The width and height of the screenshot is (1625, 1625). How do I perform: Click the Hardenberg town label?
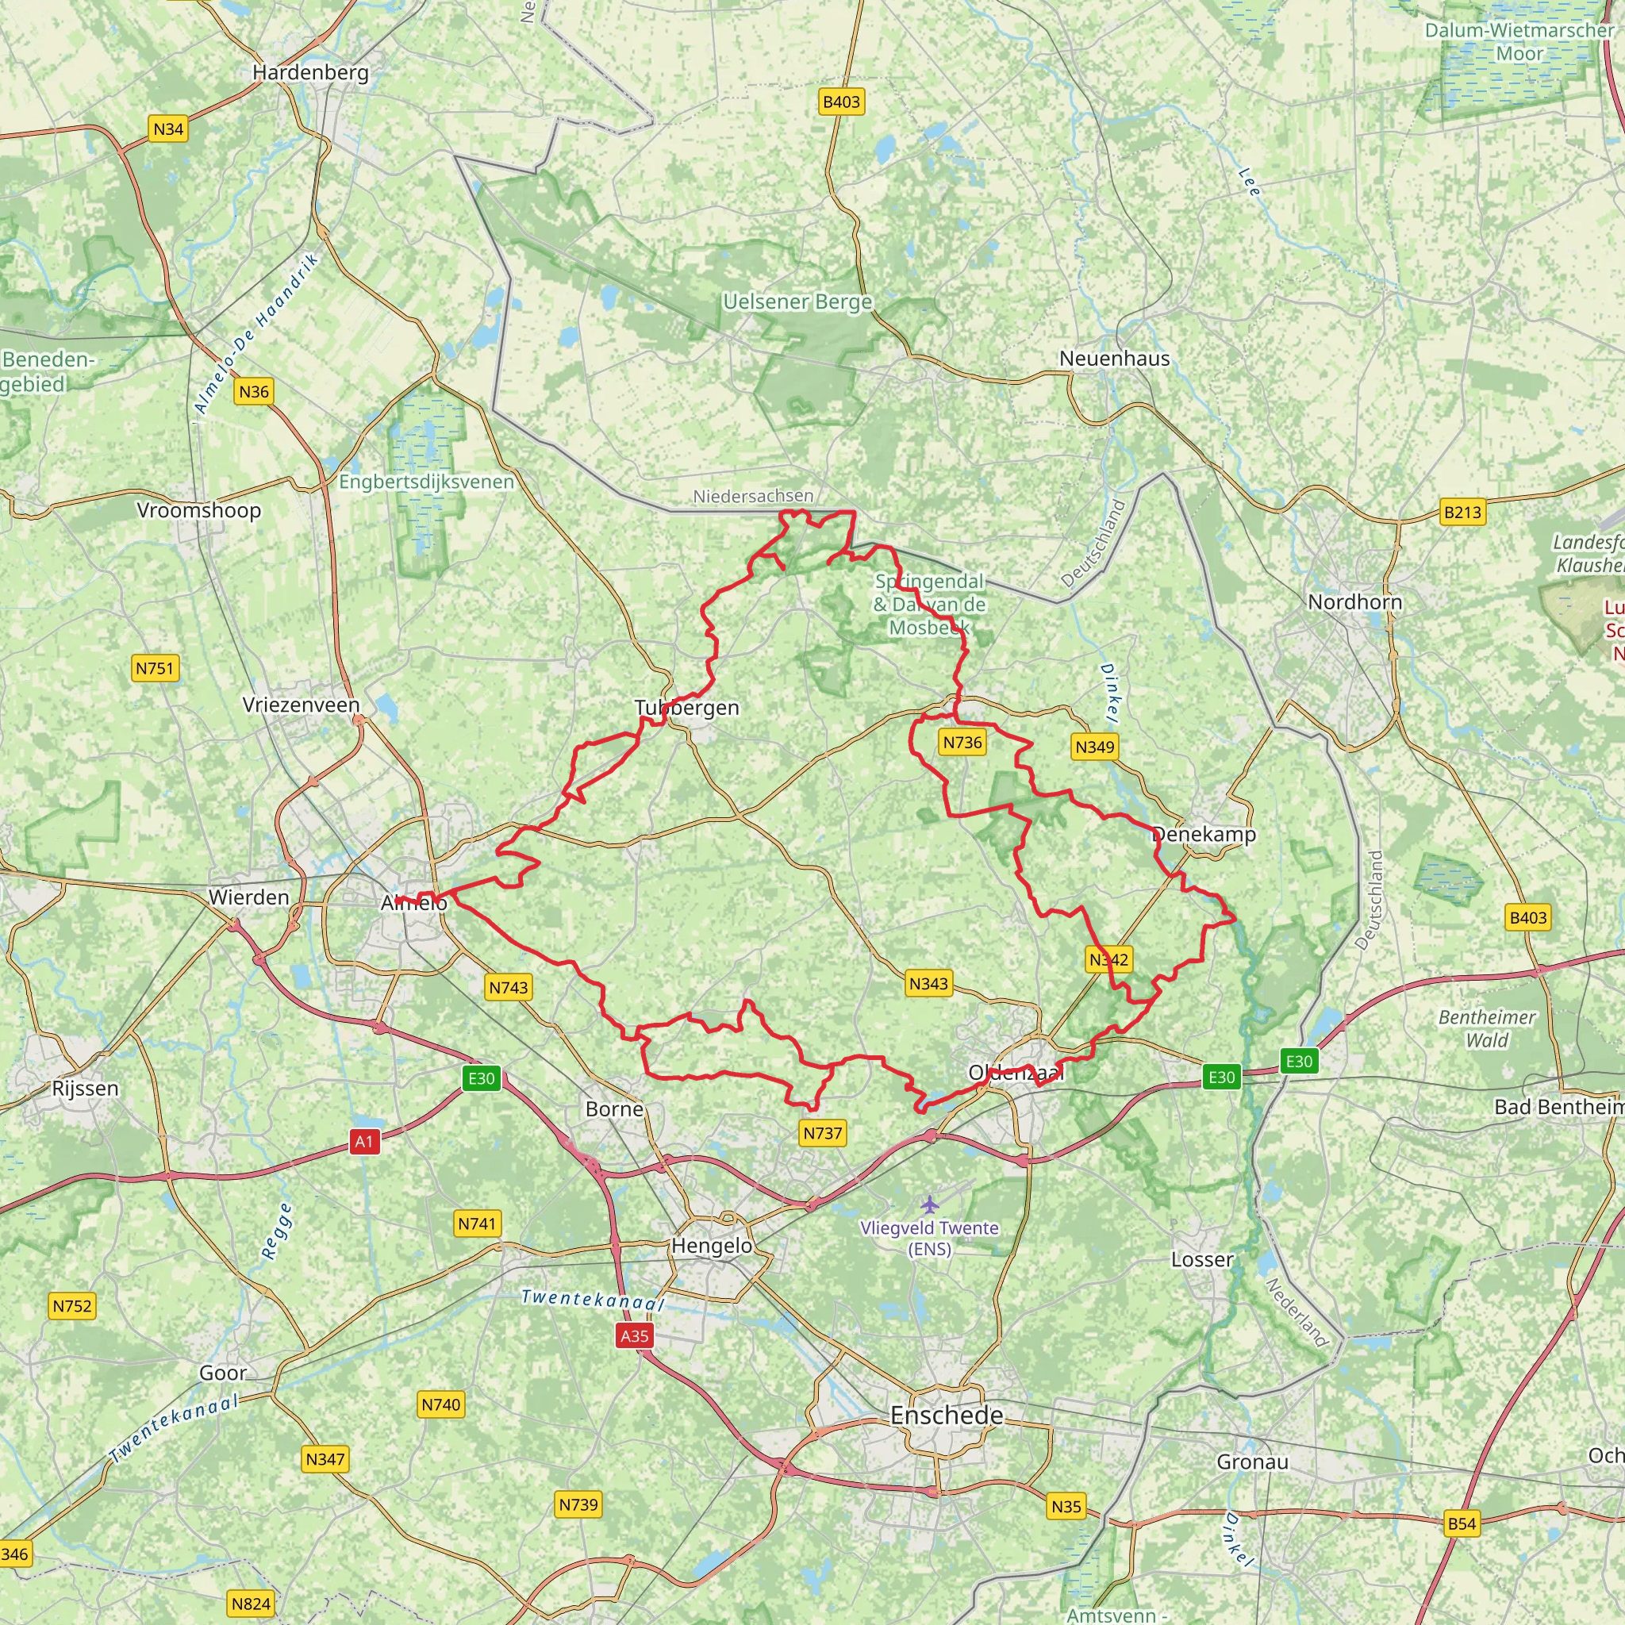coord(310,72)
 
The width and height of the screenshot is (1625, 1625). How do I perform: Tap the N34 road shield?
coord(168,129)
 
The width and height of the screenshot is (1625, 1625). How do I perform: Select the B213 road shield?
coord(1462,512)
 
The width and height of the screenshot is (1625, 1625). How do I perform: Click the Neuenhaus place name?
coord(1115,359)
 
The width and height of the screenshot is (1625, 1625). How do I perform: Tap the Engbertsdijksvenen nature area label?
coord(425,482)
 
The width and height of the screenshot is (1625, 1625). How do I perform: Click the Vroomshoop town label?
coord(198,510)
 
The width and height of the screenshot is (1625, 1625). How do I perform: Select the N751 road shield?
coord(156,668)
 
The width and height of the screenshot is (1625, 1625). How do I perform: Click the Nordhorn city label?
coord(1354,601)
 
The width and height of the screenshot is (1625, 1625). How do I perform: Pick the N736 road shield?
coord(962,742)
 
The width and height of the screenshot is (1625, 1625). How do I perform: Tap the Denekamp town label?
coord(1203,835)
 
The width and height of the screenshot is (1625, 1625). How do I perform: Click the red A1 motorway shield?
coord(363,1141)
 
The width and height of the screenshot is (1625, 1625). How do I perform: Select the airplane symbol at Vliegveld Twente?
coord(928,1204)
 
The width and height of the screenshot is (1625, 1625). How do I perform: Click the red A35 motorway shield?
coord(634,1335)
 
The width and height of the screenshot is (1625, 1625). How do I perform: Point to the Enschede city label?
coord(947,1416)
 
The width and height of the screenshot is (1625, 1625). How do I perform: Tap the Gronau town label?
coord(1252,1462)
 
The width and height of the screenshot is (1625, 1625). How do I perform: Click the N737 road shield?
coord(823,1132)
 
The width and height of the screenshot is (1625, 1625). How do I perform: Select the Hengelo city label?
coord(712,1246)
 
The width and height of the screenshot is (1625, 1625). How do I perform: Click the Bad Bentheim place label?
coord(1558,1107)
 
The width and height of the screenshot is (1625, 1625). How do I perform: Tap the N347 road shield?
coord(325,1458)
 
